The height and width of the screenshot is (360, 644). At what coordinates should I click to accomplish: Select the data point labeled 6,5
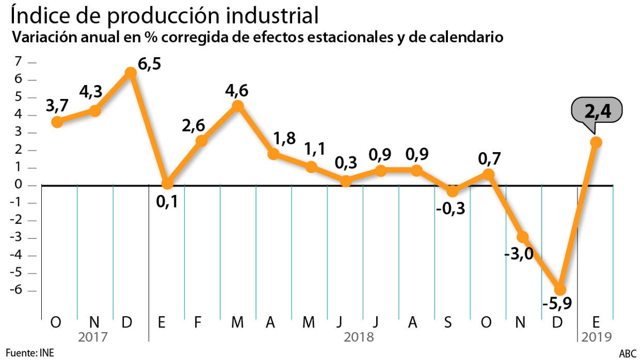tap(131, 73)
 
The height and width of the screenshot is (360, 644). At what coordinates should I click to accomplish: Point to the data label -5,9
tap(556, 305)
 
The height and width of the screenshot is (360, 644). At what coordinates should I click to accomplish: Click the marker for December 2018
tap(560, 289)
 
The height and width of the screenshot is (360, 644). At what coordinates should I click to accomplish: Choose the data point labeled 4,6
tap(237, 106)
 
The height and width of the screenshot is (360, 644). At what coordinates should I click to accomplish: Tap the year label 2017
tap(93, 337)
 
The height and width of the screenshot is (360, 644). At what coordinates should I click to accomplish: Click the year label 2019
tap(596, 337)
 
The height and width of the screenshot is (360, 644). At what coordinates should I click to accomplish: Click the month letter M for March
tap(237, 322)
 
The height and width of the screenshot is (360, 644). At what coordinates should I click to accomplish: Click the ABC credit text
tap(627, 353)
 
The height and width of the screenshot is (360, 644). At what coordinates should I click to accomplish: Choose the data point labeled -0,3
tap(453, 191)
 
